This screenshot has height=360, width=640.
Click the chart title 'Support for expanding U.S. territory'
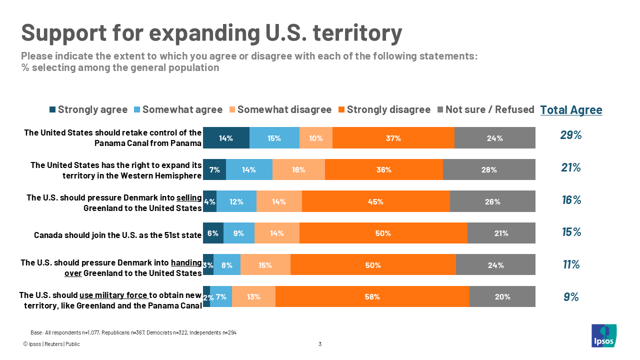coord(211,33)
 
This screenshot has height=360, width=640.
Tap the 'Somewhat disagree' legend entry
coord(279,109)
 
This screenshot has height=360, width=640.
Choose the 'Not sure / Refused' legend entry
coord(485,109)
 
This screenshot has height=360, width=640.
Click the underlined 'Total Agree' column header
coord(571,110)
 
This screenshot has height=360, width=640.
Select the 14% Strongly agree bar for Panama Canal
coord(226,138)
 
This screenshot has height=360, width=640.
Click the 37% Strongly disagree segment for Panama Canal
coord(393,138)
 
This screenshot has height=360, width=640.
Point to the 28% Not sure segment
coord(489,169)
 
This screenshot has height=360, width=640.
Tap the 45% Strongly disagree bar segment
coord(375,201)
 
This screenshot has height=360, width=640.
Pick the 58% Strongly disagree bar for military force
coord(372,296)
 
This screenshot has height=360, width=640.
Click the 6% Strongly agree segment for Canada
coord(213,233)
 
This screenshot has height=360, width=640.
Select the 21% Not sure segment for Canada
coord(501,233)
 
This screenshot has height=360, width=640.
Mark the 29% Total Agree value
coord(570,135)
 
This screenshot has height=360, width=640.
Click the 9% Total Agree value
coord(570,297)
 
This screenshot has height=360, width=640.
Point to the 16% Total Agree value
coord(570,200)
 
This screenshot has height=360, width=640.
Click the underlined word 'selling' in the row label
coord(189,197)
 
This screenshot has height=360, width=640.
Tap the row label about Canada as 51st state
coord(117,234)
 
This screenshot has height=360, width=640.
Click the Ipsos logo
coord(603,335)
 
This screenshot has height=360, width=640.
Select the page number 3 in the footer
coord(320,344)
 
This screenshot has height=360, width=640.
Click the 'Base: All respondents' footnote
coord(133,332)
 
